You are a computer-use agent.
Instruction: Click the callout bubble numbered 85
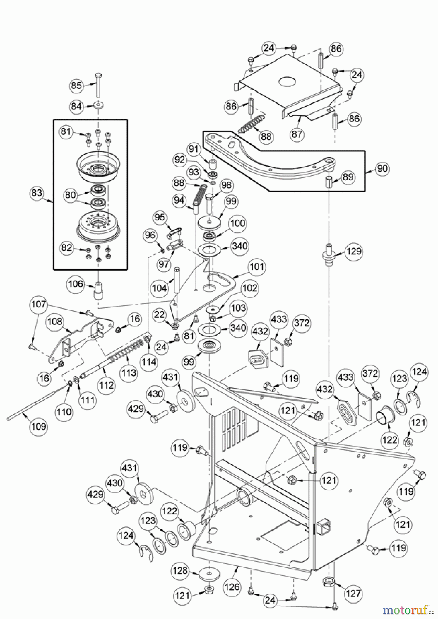pos(76,85)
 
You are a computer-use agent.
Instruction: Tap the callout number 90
pos(382,169)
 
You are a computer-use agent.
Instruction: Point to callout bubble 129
pos(354,251)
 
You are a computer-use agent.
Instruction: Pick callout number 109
pos(39,426)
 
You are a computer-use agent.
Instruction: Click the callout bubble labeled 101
pos(257,267)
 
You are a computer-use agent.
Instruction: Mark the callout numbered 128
pos(180,571)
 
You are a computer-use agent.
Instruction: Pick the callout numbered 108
pos(55,322)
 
